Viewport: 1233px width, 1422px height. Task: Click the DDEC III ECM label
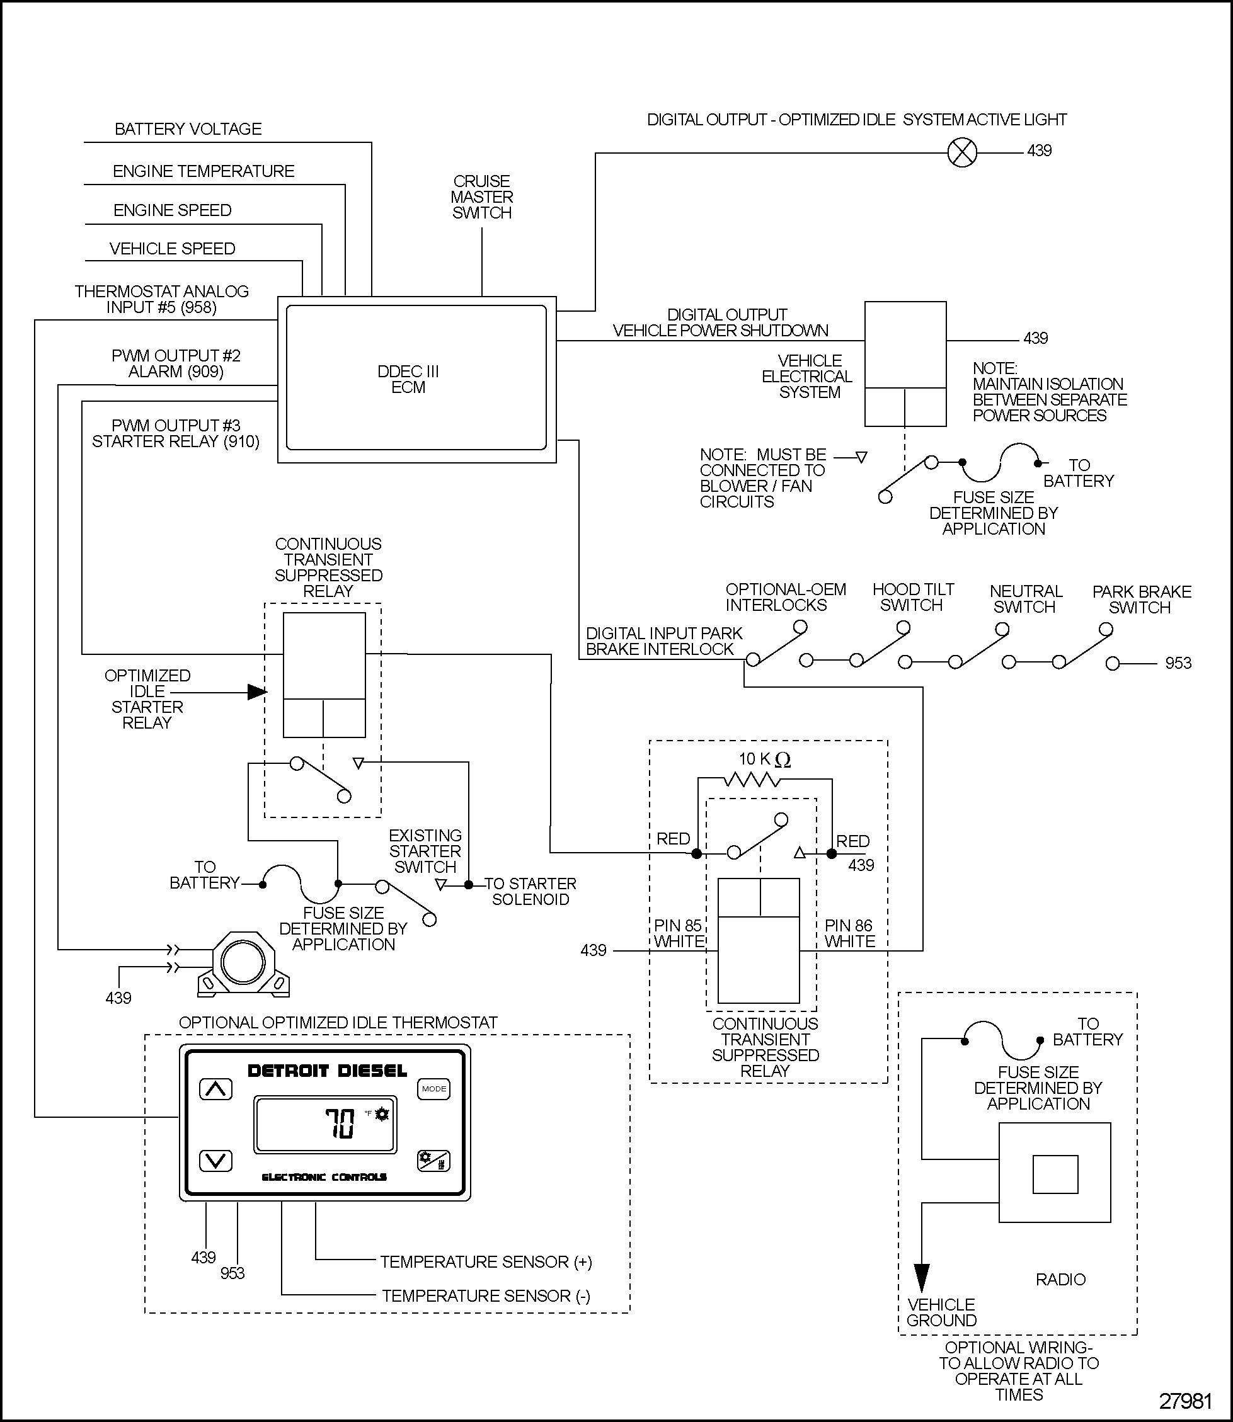click(408, 380)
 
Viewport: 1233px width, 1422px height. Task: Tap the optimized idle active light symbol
click(962, 152)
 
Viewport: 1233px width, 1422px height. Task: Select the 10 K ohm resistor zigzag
click(752, 780)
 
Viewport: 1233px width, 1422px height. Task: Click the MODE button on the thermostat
click(433, 1088)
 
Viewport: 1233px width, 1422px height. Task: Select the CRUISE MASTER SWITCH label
click(481, 196)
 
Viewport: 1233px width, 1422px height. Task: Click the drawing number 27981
click(1185, 1401)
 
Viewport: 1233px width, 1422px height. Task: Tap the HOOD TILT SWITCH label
click(912, 597)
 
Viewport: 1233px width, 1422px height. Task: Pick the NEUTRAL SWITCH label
click(1025, 599)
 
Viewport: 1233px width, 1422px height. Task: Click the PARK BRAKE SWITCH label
click(1141, 600)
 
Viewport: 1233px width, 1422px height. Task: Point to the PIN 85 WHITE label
click(679, 933)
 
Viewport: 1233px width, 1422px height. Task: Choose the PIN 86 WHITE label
click(849, 933)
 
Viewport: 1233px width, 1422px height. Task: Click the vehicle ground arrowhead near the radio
click(921, 1278)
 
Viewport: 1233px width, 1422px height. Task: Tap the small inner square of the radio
click(1055, 1175)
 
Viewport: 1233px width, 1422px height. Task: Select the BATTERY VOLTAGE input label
click(188, 129)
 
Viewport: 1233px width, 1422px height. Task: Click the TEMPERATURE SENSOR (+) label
click(486, 1262)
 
